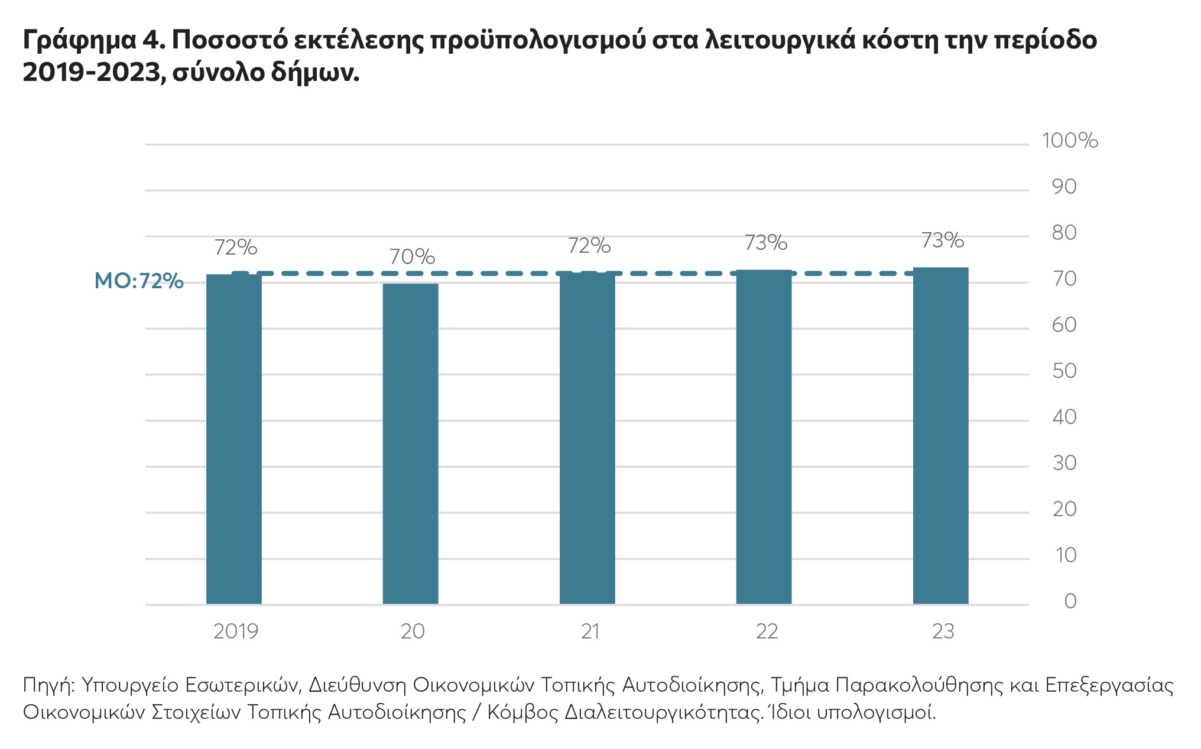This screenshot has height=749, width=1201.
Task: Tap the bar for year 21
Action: pyautogui.click(x=587, y=438)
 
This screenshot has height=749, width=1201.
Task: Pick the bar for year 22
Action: pyautogui.click(x=764, y=437)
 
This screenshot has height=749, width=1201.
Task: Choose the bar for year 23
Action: pyautogui.click(x=940, y=436)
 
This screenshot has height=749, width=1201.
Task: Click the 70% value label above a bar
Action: pyautogui.click(x=412, y=257)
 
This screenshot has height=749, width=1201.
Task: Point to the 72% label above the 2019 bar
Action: pyautogui.click(x=235, y=248)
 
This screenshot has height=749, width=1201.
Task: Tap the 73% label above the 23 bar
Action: pyautogui.click(x=942, y=240)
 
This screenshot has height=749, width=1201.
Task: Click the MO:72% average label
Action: pyautogui.click(x=139, y=281)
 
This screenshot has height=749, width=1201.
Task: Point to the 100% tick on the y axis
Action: pyautogui.click(x=1069, y=141)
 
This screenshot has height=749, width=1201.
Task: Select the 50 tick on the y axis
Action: pyautogui.click(x=1064, y=371)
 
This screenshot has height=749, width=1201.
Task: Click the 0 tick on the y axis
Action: pyautogui.click(x=1070, y=601)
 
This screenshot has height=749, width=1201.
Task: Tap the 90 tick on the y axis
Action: pyautogui.click(x=1064, y=187)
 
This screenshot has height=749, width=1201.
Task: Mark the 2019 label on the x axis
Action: pyautogui.click(x=235, y=631)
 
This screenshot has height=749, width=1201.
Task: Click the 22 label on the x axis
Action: pyautogui.click(x=767, y=631)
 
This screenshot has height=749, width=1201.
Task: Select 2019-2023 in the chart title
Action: pyautogui.click(x=92, y=73)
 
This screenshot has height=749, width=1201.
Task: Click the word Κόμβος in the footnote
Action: pyautogui.click(x=522, y=712)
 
